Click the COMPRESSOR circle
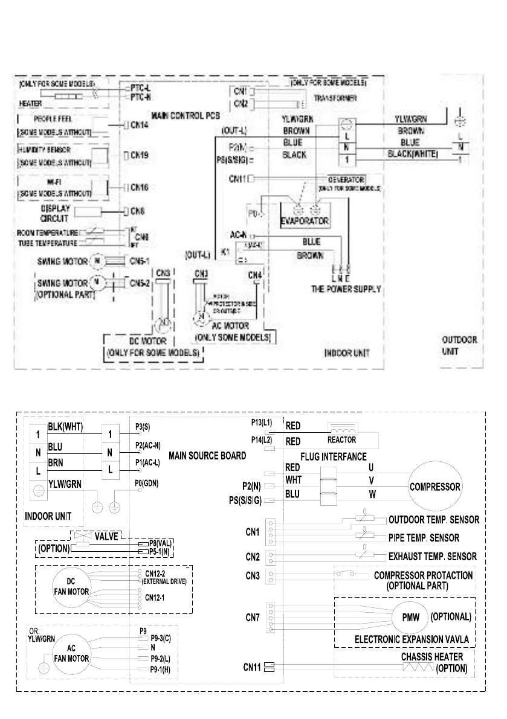[x=435, y=486]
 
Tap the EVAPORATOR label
[x=305, y=221]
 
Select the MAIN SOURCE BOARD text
[x=207, y=455]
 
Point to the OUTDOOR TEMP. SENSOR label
[x=433, y=519]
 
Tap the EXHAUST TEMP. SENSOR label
[x=432, y=556]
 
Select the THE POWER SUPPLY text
[x=346, y=289]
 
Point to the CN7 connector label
[x=253, y=618]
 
